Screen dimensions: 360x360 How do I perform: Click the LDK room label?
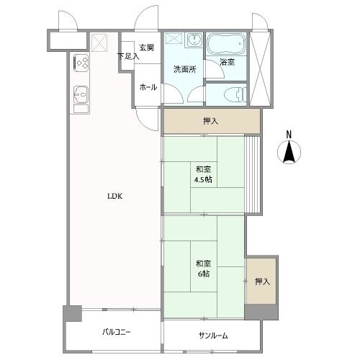coord(114,194)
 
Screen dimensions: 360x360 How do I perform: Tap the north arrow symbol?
coord(289,152)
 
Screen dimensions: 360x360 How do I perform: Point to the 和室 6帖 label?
coord(202,268)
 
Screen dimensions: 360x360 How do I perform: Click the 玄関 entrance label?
coord(147,48)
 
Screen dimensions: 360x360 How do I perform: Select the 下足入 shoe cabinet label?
coord(128,55)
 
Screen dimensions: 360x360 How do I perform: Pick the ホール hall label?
coord(148,86)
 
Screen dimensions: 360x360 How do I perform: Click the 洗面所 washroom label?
coord(184,70)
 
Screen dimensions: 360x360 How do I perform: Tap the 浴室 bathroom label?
coord(227,62)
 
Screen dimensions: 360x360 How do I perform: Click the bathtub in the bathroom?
coord(227,47)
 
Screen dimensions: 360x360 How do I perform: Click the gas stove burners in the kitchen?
coord(80,63)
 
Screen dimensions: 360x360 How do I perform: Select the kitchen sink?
coord(80,94)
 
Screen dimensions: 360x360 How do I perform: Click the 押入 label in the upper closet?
coord(211,122)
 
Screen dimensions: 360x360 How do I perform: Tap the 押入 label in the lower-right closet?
coord(261,282)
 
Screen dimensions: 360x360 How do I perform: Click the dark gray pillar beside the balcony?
coord(72,314)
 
